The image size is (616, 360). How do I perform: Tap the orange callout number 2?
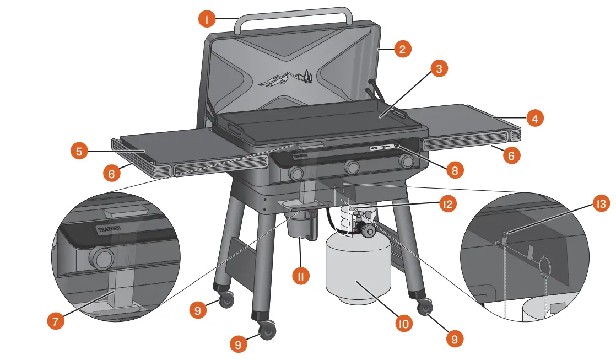point(403,49)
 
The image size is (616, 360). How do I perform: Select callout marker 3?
point(439,69)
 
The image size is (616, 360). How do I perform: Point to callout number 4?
point(534,117)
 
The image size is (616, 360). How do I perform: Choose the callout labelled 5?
point(80,151)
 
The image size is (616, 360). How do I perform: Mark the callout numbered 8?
point(454,170)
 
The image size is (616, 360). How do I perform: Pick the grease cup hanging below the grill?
point(299,225)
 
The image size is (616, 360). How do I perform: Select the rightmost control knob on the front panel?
point(407,161)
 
